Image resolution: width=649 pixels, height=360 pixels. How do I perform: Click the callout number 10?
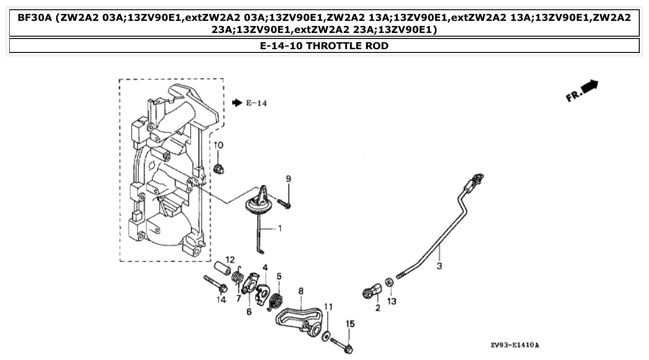[218, 145]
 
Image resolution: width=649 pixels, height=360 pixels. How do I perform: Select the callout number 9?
[288, 179]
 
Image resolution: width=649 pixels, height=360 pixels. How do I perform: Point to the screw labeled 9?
[283, 203]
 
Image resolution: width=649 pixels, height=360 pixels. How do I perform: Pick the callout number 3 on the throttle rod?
[439, 267]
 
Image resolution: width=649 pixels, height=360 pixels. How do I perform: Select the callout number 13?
[392, 302]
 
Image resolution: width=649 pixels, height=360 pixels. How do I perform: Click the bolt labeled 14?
[214, 283]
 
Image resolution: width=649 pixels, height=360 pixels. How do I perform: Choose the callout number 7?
[238, 298]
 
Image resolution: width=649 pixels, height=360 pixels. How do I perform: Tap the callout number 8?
[301, 291]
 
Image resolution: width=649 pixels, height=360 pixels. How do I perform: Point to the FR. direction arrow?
[583, 90]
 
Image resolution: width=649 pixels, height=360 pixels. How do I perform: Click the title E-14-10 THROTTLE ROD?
[324, 45]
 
